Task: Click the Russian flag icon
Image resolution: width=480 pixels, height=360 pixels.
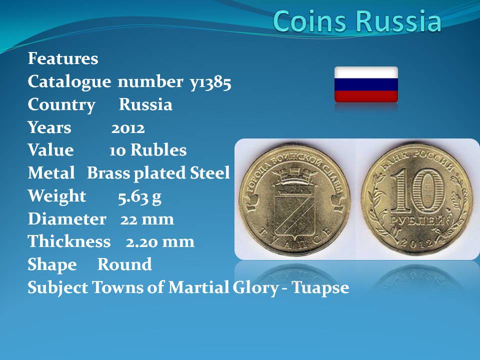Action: click(366, 84)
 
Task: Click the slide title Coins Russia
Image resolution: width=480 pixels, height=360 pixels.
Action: click(357, 21)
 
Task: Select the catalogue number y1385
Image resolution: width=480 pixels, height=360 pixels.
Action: click(210, 82)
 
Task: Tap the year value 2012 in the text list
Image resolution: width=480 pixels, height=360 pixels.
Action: click(128, 128)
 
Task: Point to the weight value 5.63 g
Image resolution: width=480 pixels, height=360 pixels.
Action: click(139, 197)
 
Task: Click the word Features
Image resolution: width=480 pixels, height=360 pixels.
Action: click(63, 58)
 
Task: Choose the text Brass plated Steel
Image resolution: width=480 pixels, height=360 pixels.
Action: click(158, 173)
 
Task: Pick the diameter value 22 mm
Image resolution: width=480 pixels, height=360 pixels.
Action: click(147, 219)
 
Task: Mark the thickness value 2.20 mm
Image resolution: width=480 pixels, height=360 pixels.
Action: click(160, 242)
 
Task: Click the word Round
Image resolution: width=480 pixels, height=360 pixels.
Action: click(124, 264)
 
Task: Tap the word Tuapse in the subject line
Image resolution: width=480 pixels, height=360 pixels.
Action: click(320, 288)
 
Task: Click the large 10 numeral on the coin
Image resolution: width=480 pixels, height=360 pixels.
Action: click(417, 191)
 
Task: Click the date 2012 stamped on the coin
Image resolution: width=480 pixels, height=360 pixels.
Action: click(417, 242)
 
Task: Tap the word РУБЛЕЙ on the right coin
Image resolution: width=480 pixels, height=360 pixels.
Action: click(417, 221)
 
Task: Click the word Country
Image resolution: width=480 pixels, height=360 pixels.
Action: click(61, 105)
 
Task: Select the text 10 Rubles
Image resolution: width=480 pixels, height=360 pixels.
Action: click(148, 150)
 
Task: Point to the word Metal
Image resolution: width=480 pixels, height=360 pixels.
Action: click(51, 172)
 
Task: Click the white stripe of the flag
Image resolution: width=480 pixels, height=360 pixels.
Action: click(366, 72)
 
